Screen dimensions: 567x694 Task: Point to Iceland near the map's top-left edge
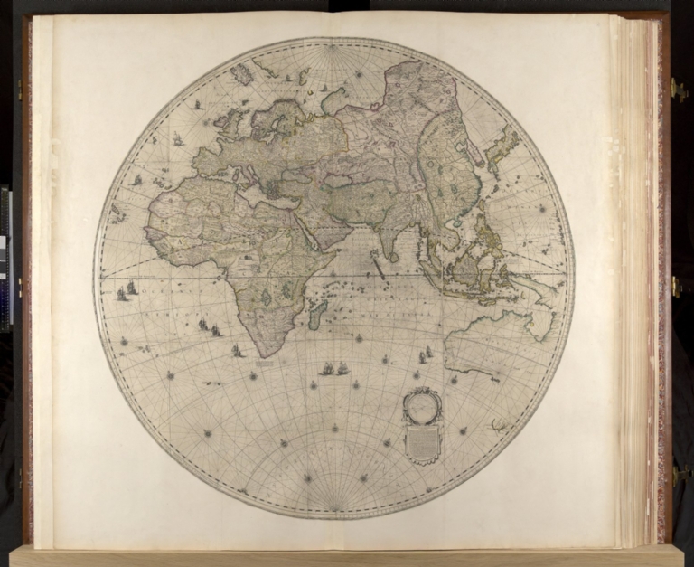[241, 73]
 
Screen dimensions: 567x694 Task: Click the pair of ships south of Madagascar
[335, 369]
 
